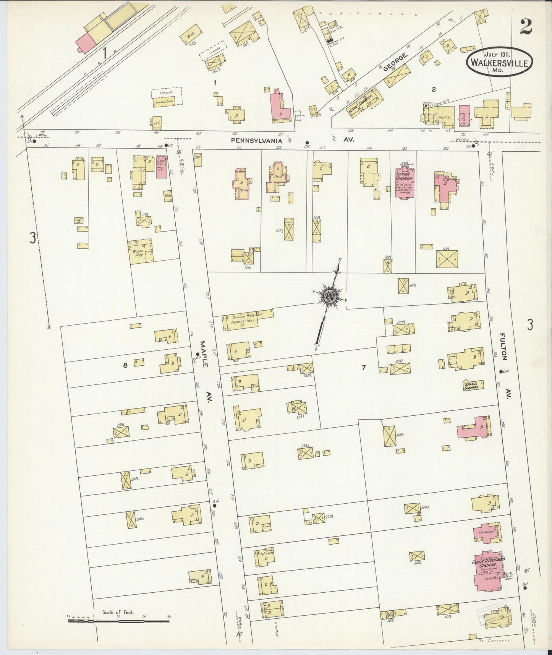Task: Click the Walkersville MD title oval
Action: pyautogui.click(x=499, y=61)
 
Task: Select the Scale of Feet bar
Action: pyautogui.click(x=118, y=621)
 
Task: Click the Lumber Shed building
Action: pyautogui.click(x=164, y=102)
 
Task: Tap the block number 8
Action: pyautogui.click(x=125, y=365)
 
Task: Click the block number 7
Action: pyautogui.click(x=364, y=368)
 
